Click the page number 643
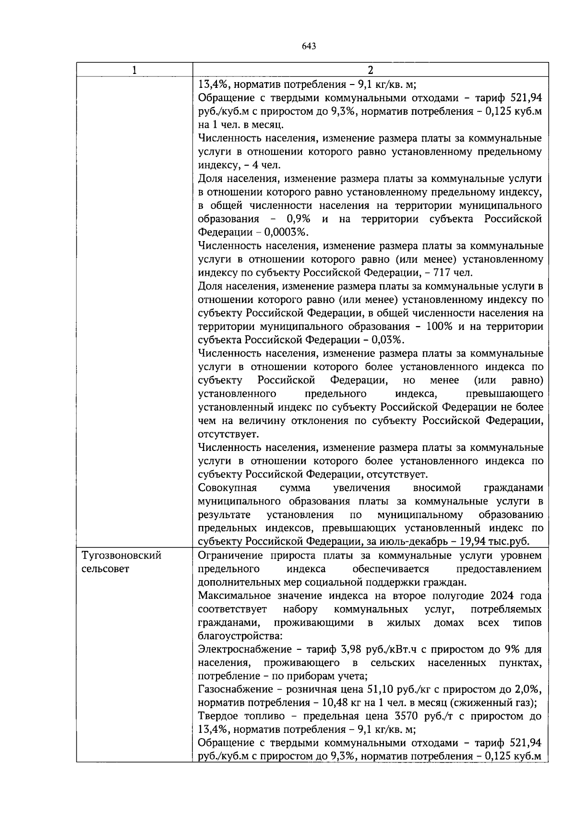(x=309, y=46)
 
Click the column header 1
(x=135, y=70)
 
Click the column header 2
(x=370, y=70)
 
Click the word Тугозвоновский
(x=121, y=556)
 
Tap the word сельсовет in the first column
(x=105, y=569)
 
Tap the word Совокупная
(x=227, y=488)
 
